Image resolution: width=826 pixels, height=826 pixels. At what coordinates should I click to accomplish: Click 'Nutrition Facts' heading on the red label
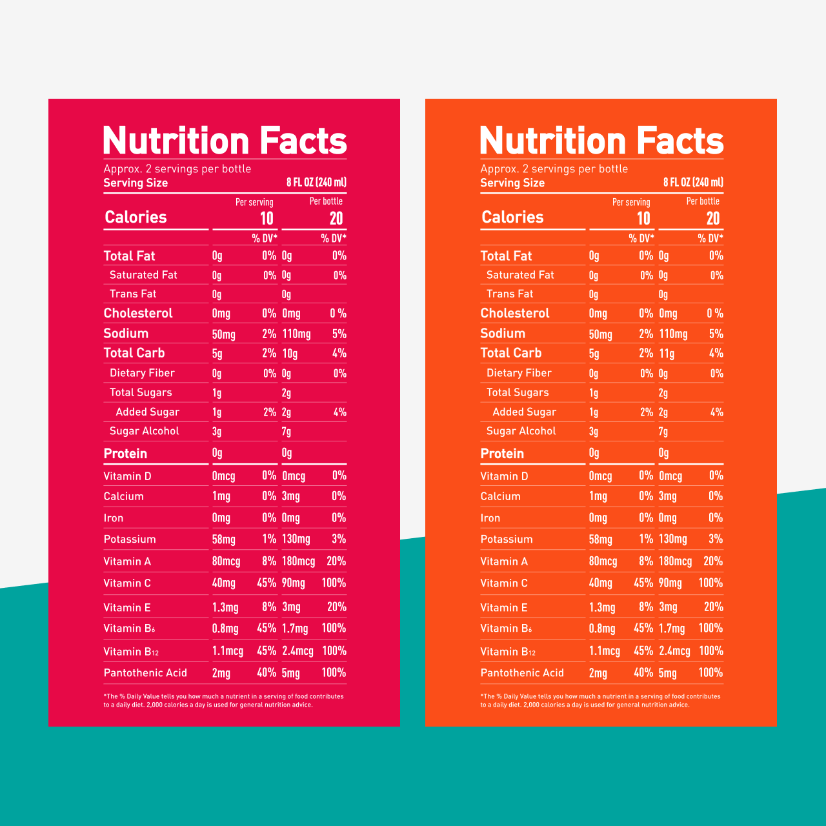225,141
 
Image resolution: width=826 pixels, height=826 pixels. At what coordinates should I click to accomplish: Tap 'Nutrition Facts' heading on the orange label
601,141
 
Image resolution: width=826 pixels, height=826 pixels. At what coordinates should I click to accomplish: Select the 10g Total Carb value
290,354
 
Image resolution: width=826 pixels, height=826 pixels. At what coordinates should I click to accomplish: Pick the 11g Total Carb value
667,354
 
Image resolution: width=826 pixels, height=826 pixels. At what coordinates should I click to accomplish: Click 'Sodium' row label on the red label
126,334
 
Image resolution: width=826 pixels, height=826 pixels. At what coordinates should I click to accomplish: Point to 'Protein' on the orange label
502,454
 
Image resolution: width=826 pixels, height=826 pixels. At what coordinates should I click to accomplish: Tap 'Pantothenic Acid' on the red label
145,673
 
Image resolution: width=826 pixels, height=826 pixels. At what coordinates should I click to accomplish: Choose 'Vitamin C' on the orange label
504,583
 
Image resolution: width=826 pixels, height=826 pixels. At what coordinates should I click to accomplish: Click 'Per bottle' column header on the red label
326,201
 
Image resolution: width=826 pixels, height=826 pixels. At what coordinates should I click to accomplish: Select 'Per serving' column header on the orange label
631,202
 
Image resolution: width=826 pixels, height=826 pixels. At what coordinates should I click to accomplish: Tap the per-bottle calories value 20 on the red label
336,219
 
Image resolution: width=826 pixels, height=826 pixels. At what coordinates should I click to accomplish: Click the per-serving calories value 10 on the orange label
643,219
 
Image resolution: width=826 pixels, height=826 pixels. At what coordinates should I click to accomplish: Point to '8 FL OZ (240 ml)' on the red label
316,183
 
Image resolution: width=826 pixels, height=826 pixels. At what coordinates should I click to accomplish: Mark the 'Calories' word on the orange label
512,217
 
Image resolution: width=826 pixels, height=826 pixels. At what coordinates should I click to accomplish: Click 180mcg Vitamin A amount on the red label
298,561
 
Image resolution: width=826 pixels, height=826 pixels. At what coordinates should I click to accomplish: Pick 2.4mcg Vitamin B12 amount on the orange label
674,651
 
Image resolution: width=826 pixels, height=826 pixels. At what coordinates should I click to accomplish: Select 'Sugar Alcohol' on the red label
145,431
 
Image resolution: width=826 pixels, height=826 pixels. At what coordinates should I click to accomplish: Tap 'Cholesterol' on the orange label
515,314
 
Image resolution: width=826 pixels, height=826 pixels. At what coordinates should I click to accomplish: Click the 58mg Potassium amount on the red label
224,539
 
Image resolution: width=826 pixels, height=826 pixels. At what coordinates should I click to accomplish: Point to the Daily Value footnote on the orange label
600,701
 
